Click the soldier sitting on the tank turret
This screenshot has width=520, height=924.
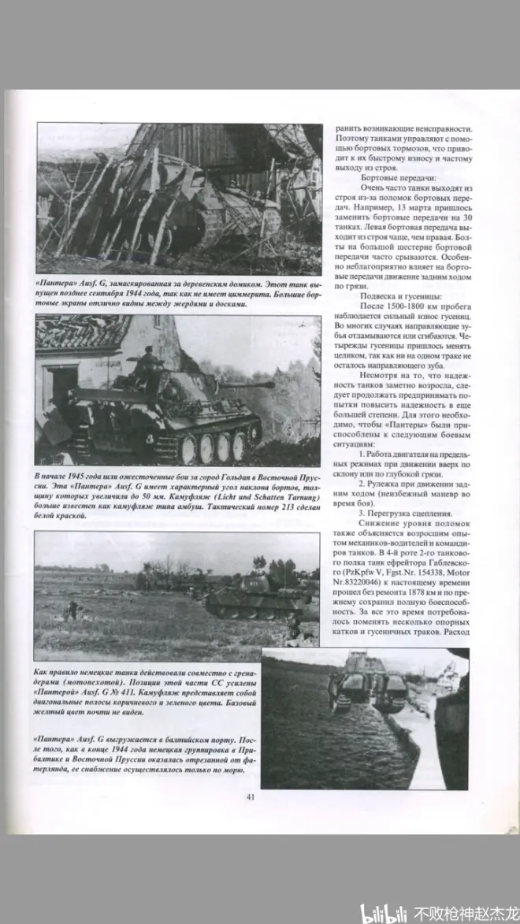coord(147,364)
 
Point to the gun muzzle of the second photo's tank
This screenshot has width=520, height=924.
coord(271,384)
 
